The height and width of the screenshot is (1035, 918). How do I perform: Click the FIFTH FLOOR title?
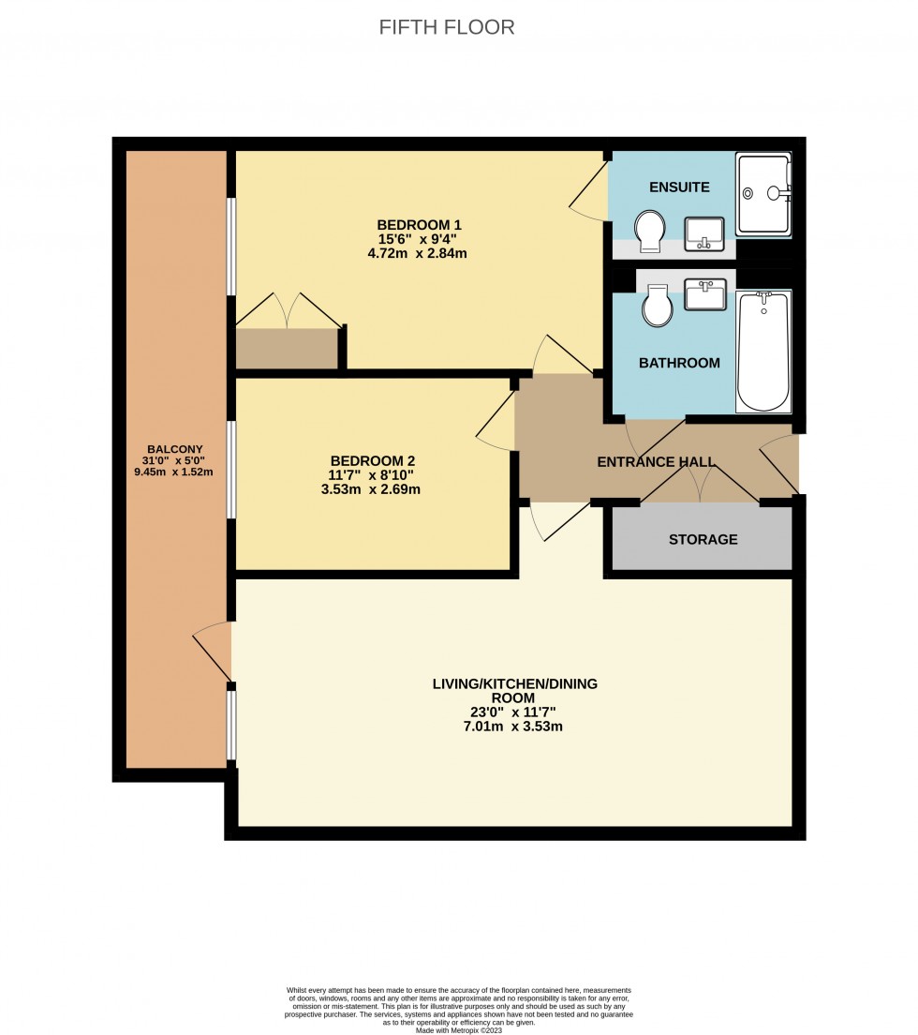tap(447, 27)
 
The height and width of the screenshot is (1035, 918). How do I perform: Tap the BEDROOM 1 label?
tap(419, 225)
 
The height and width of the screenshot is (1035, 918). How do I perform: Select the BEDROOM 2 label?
tap(372, 461)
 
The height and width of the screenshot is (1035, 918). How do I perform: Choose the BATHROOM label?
tap(679, 363)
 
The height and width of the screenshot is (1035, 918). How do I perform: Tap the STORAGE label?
tap(703, 539)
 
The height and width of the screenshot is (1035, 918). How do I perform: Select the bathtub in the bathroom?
tap(763, 352)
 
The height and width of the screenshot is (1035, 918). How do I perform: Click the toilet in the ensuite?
tap(648, 231)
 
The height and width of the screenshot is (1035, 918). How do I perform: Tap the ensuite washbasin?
tap(703, 232)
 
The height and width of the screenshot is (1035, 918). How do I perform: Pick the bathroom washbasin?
tap(703, 294)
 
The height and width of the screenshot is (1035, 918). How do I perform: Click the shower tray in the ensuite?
tap(763, 193)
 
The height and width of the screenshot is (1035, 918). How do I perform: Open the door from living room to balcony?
tap(213, 653)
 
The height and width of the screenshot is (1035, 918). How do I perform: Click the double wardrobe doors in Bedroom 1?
tap(288, 310)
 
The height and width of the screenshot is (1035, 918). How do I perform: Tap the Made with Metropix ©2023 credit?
tap(458, 1030)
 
